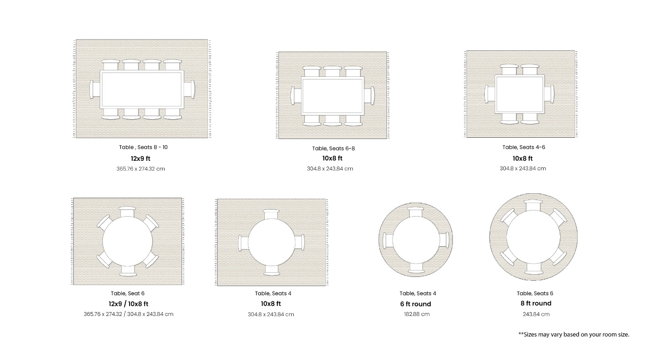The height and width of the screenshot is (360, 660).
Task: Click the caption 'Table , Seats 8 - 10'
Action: (143, 147)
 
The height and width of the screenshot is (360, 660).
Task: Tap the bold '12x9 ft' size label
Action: (141, 158)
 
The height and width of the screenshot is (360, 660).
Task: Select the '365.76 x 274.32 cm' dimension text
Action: (141, 169)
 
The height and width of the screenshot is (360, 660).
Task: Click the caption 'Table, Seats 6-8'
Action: (334, 148)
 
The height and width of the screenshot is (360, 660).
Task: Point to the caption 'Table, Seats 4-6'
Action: (523, 147)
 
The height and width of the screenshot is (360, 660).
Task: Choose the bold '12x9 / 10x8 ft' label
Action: (128, 304)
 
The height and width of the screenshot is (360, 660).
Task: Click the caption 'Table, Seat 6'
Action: (127, 294)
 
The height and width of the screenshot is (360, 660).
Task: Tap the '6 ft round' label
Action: (415, 304)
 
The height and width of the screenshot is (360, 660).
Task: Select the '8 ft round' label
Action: (536, 304)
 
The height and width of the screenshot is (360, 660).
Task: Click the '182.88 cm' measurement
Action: (417, 314)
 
